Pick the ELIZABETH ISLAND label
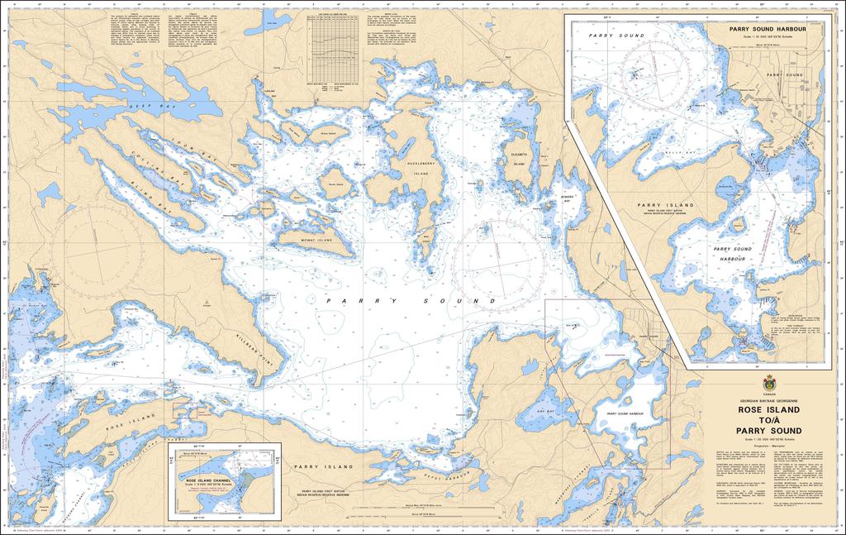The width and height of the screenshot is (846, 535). click(519, 159)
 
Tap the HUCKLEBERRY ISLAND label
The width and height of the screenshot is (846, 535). click(421, 170)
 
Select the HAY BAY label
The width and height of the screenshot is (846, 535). click(545, 411)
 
